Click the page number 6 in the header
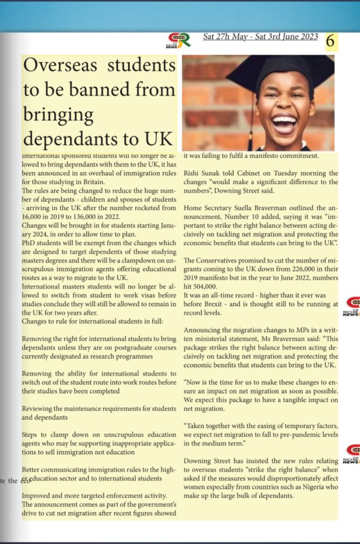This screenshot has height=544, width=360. click(330, 42)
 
